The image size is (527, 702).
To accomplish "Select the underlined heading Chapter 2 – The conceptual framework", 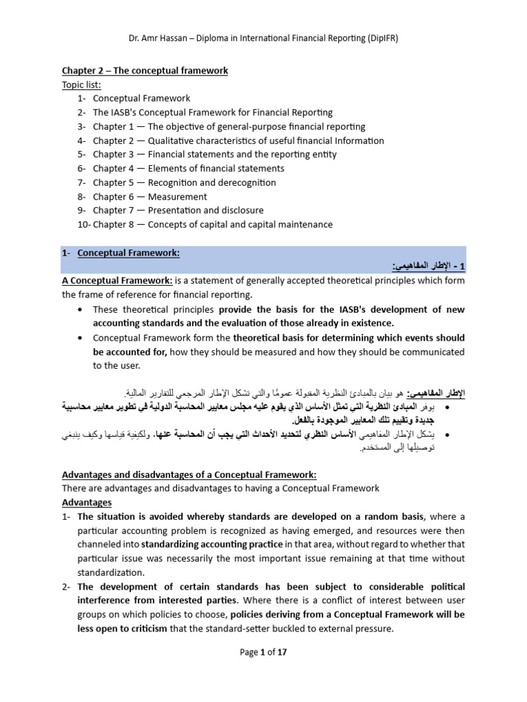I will coord(145,71).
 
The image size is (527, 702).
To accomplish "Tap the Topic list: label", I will coord(82,84).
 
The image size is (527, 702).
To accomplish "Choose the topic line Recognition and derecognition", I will coord(211,182).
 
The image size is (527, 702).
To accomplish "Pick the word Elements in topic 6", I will coord(167,169).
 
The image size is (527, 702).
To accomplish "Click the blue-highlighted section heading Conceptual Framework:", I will coord(128,253).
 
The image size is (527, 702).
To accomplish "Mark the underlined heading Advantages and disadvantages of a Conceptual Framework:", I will coord(189,474).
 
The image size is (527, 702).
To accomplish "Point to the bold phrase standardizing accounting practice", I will coord(211,544).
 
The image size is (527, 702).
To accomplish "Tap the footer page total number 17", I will coord(281,653).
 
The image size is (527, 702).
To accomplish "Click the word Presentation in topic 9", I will coord(174,210).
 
